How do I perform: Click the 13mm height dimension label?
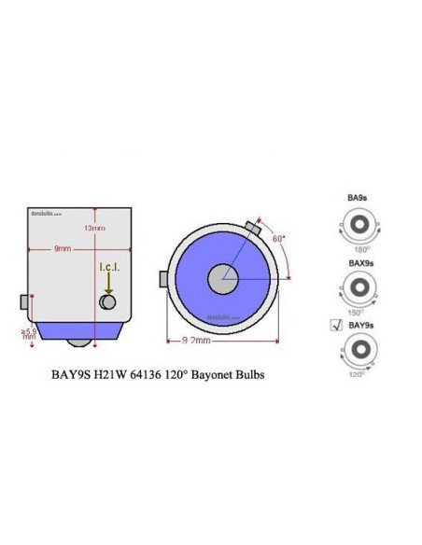[x=93, y=228]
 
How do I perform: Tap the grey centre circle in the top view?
[x=223, y=277]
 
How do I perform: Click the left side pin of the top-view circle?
[x=164, y=278]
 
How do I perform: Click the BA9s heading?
[x=356, y=199]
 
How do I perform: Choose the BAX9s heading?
[x=359, y=263]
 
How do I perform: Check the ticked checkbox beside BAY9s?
[x=336, y=325]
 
